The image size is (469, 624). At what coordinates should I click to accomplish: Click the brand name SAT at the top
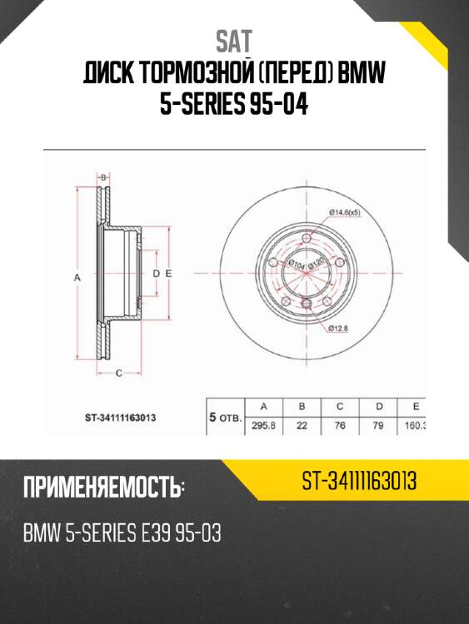coord(234,41)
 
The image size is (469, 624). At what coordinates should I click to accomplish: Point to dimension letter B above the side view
coord(104,178)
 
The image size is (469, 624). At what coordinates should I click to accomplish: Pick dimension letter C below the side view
coord(118,373)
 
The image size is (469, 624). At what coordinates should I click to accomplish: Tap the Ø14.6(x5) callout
coord(344,214)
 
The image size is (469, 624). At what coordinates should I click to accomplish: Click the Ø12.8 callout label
coord(337,329)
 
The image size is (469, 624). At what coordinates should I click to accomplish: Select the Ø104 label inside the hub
coord(295,265)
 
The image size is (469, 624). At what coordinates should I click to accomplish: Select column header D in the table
coord(379,406)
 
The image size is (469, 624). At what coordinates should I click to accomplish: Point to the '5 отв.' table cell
coord(224,416)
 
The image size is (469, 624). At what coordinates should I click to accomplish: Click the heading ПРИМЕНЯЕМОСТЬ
coord(103,488)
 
